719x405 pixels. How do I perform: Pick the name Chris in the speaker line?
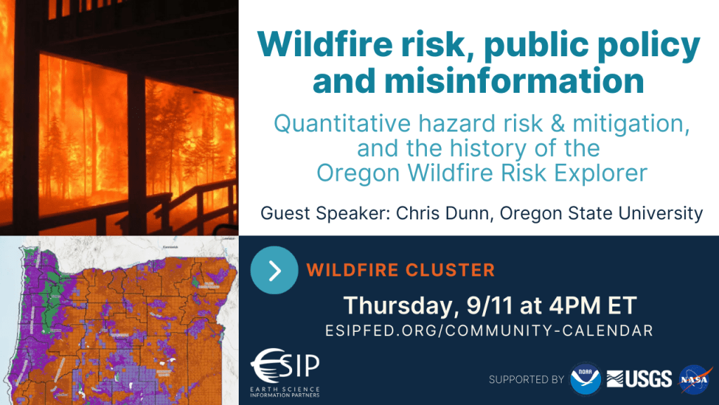(x=416, y=213)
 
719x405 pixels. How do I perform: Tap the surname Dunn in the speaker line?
(x=468, y=214)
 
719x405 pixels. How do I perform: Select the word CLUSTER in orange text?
(x=450, y=270)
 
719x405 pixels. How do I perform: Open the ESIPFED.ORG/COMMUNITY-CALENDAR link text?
(x=489, y=330)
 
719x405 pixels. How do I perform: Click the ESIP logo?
(x=285, y=373)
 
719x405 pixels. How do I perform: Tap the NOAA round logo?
(x=585, y=379)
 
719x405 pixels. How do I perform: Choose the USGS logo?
(x=639, y=379)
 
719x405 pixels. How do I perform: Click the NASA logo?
(x=695, y=379)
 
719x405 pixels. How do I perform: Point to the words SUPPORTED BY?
(x=527, y=380)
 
